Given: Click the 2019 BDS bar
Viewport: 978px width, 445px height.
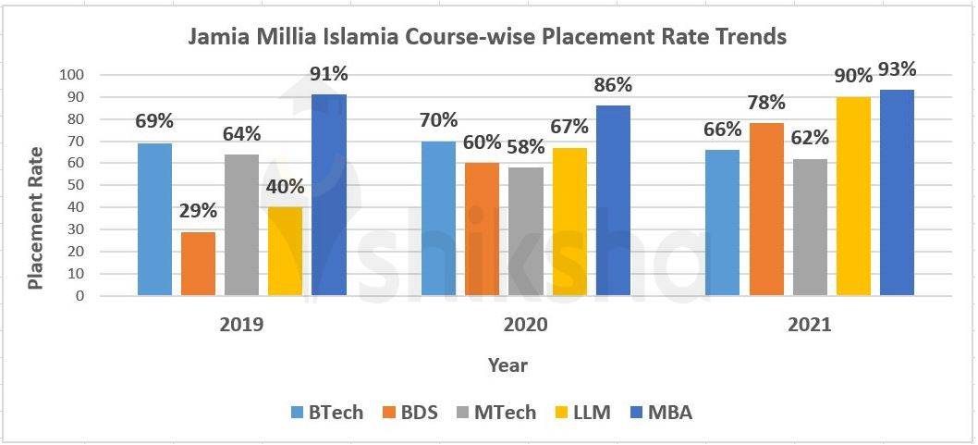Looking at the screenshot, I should tap(198, 264).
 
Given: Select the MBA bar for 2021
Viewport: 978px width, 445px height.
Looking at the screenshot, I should tap(897, 192).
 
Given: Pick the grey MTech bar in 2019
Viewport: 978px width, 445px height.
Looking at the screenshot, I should tap(241, 225).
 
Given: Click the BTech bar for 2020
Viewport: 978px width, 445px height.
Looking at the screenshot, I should tap(439, 218).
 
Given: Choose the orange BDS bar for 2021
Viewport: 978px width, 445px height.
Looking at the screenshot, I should tap(766, 209).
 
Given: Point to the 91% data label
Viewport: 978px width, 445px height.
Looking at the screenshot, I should tap(328, 73).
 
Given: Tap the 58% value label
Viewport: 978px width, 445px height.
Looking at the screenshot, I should tap(525, 148).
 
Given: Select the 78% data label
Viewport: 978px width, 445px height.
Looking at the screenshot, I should tap(766, 103).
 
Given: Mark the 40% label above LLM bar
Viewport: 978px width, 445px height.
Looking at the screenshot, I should tap(285, 186).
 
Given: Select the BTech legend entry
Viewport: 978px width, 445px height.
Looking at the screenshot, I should tap(327, 413).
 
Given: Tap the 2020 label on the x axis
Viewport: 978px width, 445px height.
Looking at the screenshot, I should tap(525, 326).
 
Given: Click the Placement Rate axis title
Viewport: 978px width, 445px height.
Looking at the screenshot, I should tap(36, 217).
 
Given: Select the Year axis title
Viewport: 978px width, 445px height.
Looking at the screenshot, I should tap(507, 365).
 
